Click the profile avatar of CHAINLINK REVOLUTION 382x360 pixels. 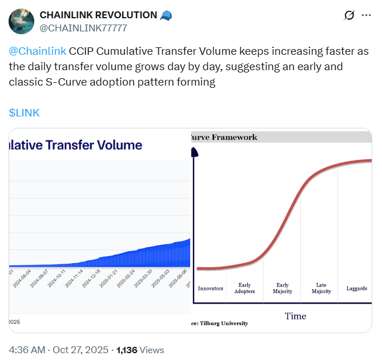[22, 21]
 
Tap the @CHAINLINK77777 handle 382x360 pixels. [83, 28]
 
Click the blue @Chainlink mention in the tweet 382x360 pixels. [38, 50]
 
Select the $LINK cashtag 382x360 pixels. [25, 112]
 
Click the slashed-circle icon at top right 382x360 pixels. [349, 15]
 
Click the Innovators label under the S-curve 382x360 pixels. [210, 289]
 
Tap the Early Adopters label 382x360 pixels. [244, 288]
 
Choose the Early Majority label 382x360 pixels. [283, 288]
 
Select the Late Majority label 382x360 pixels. [321, 288]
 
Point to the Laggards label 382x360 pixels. [357, 289]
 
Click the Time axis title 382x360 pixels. [295, 316]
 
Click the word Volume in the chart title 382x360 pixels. [115, 145]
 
